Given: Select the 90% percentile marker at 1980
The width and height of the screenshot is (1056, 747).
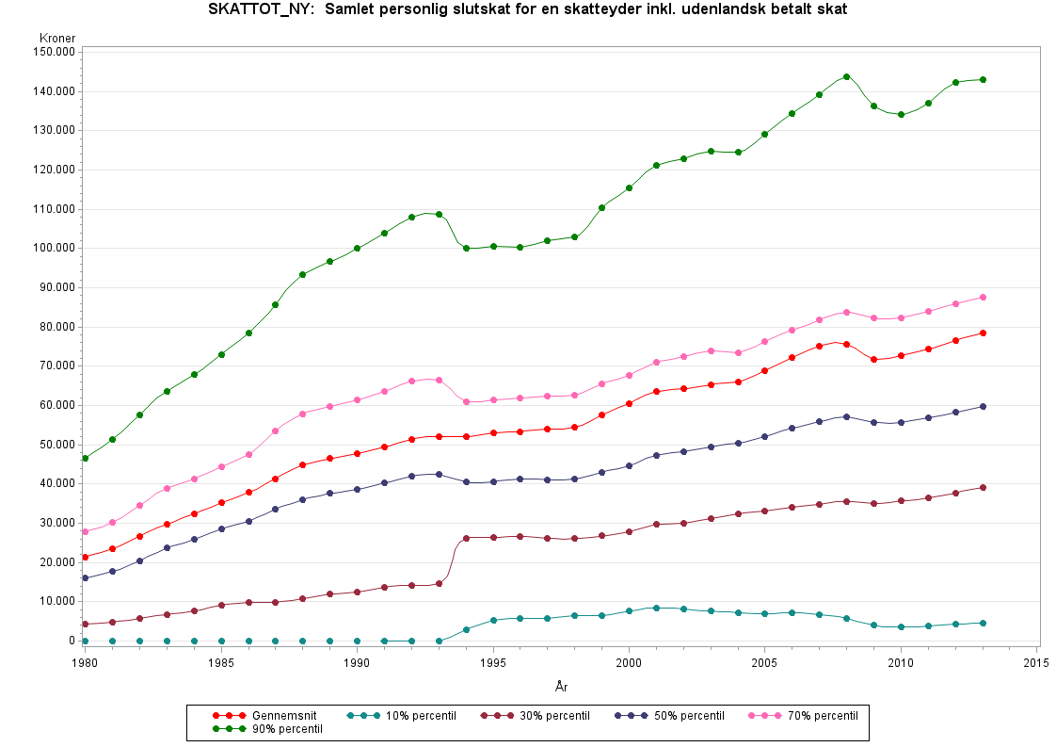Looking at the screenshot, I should click(85, 458).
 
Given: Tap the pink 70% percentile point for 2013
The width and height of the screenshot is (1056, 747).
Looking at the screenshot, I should click(983, 297).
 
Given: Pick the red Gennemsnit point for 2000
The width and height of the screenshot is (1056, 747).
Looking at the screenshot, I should click(629, 403).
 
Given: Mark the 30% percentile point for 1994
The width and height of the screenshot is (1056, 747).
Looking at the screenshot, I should click(466, 537).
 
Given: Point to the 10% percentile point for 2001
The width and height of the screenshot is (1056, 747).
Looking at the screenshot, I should click(656, 608).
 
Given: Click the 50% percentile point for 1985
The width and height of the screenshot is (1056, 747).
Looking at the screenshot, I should click(221, 528).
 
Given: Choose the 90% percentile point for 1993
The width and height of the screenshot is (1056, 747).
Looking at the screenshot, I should click(439, 214).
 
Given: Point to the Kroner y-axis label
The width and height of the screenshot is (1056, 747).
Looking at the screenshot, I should click(57, 38).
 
